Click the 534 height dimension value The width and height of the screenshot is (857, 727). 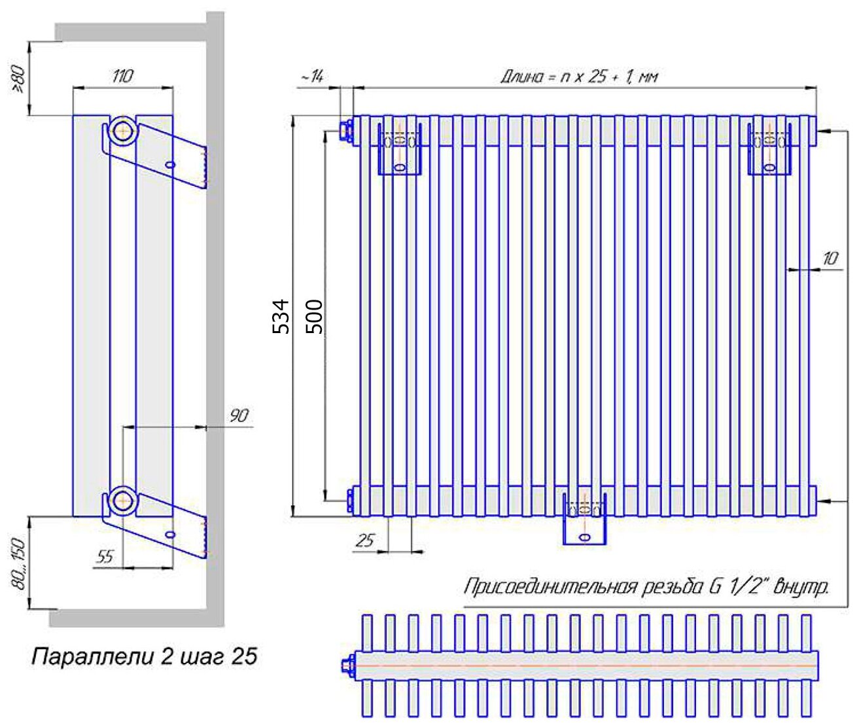(281, 316)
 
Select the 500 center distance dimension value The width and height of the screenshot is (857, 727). (315, 316)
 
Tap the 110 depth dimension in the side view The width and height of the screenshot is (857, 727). (122, 76)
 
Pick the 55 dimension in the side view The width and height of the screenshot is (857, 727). (105, 557)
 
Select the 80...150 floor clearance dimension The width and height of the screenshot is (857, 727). (20, 563)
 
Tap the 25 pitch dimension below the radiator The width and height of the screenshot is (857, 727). (365, 541)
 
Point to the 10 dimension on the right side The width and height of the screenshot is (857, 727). (830, 258)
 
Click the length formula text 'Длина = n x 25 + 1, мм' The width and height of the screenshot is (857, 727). (579, 77)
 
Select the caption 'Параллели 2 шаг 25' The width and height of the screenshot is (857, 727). (144, 656)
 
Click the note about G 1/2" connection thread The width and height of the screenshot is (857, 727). (646, 586)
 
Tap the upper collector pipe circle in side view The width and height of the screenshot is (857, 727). (121, 130)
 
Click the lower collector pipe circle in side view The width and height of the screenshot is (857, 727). (121, 501)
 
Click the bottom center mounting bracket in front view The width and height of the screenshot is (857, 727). (585, 520)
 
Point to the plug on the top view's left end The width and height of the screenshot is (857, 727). (345, 666)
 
